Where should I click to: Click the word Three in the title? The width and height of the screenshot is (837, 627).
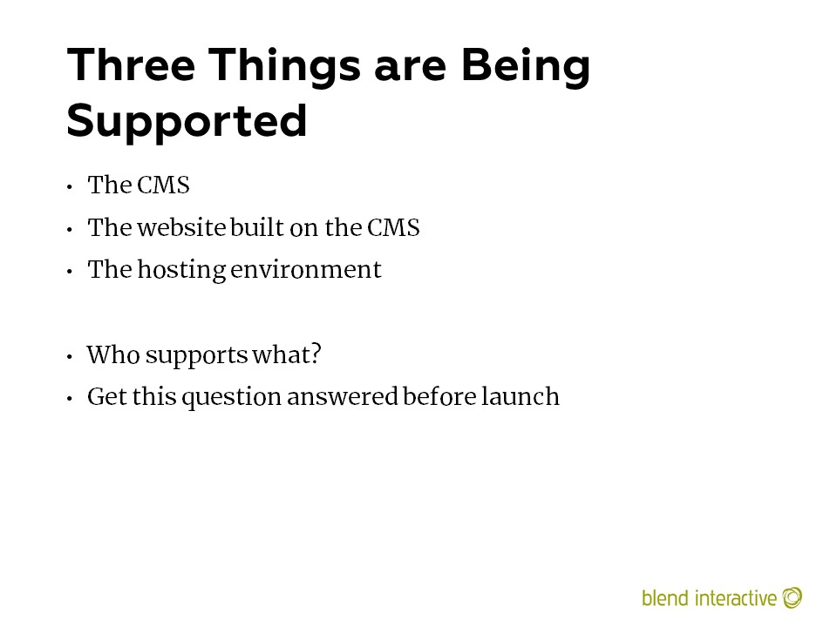click(132, 64)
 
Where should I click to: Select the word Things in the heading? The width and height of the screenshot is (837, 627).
click(284, 67)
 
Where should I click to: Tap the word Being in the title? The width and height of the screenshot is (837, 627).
click(526, 67)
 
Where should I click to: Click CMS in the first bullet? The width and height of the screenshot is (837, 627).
click(163, 185)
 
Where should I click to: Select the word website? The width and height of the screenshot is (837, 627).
click(181, 227)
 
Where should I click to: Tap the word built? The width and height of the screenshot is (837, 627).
click(257, 227)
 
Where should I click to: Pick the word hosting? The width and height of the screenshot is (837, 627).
click(182, 270)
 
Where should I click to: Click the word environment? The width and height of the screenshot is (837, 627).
click(306, 270)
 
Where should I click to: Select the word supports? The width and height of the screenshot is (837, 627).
click(196, 356)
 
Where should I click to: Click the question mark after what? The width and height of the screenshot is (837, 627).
click(316, 354)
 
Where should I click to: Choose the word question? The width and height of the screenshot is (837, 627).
click(232, 398)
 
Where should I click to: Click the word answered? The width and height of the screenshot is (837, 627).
click(342, 397)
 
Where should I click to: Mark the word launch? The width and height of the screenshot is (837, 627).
click(521, 397)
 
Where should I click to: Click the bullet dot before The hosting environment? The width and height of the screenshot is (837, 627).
click(70, 272)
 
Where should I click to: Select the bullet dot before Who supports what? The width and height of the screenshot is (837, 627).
click(70, 357)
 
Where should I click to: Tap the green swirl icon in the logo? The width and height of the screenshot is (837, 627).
click(793, 597)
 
